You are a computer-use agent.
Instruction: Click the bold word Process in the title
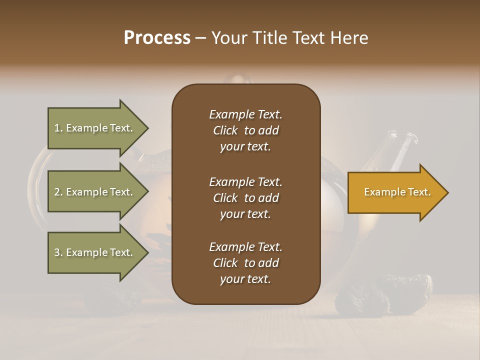coord(157,38)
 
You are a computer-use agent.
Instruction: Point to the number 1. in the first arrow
coord(58,128)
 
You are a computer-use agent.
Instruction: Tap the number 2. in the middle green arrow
coord(58,192)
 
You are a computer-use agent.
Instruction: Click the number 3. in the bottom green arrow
coord(58,252)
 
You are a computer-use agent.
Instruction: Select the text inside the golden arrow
coord(397,192)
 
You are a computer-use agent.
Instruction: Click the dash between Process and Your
coord(201,38)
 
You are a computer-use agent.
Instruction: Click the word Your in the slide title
coord(228,38)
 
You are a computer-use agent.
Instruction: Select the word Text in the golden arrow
coord(419,192)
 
